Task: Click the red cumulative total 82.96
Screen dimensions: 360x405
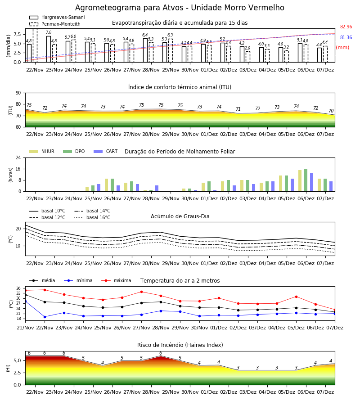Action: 346,27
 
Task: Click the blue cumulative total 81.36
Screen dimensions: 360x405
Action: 346,37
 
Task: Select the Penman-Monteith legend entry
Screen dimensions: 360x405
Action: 55,24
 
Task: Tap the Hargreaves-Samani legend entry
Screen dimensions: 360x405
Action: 57,17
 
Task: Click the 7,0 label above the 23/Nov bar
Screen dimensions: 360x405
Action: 49,32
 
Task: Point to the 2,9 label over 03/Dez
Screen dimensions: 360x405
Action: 247,48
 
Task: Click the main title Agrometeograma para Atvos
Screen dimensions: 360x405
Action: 180,8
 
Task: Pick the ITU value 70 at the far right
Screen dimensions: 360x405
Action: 331,111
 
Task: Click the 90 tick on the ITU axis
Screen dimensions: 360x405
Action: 18,93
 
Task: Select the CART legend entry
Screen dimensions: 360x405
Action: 106,151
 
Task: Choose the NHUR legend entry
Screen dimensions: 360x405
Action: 42,151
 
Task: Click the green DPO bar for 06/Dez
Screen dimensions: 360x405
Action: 306,180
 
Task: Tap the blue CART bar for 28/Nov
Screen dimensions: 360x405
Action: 157,188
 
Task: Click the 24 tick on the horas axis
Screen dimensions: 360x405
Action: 18,157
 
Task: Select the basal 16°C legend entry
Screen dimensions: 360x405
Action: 92,217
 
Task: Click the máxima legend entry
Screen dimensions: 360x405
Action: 116,280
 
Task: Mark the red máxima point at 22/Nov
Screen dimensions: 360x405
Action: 45,290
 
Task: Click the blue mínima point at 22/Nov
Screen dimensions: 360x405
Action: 45,317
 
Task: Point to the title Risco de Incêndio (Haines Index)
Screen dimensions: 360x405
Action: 180,345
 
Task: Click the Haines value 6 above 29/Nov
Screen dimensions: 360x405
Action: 161,353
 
